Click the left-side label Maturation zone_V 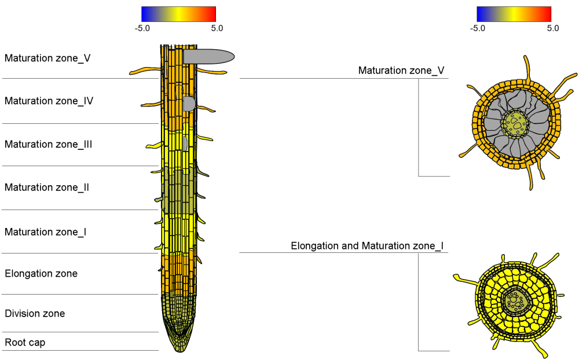tap(47, 58)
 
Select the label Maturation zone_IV tap(49, 101)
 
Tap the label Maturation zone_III tap(48, 144)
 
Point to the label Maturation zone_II tap(46, 188)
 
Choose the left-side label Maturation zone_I tap(45, 232)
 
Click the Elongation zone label tap(41, 273)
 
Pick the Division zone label tap(35, 314)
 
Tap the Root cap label tap(25, 343)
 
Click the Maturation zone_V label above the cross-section tap(401, 71)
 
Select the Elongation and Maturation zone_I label tap(367, 246)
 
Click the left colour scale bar tap(178, 14)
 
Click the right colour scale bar tap(514, 14)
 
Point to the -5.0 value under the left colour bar tap(142, 28)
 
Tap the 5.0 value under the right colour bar tap(552, 28)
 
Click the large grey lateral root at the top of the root tap(208, 56)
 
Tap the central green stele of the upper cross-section tap(515, 123)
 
